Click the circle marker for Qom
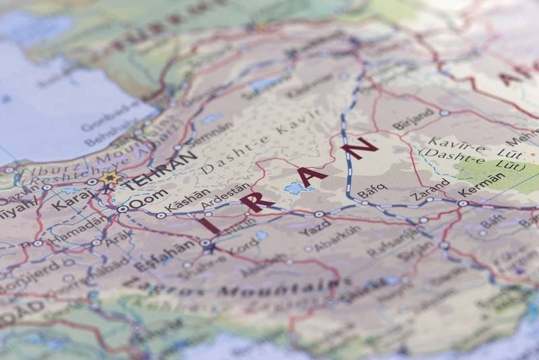pyautogui.click(x=123, y=210)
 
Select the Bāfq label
pyautogui.click(x=372, y=191)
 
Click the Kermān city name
pyautogui.click(x=484, y=182)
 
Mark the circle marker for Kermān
pyautogui.click(x=463, y=203)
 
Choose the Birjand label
pyautogui.click(x=413, y=119)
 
